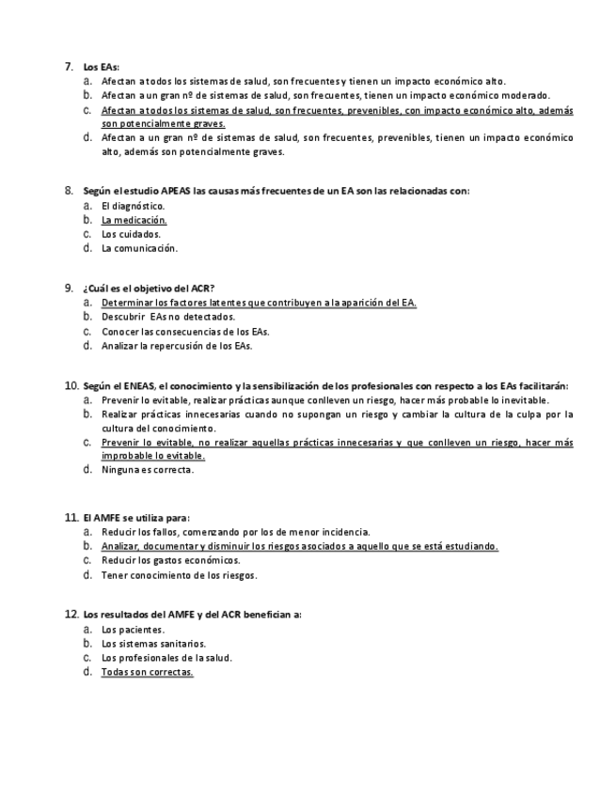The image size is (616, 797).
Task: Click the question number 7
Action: pyautogui.click(x=69, y=67)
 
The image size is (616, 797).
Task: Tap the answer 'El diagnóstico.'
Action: pyautogui.click(x=133, y=206)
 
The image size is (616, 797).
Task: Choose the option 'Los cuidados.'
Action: pyautogui.click(x=131, y=234)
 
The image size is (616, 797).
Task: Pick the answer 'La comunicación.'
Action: pyautogui.click(x=139, y=248)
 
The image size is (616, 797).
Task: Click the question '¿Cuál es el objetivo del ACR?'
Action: pyautogui.click(x=149, y=288)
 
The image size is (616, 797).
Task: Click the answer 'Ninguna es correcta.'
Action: pyautogui.click(x=148, y=469)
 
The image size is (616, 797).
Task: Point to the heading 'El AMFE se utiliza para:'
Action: pyautogui.click(x=136, y=517)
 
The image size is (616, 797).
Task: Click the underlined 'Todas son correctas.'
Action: pyautogui.click(x=147, y=672)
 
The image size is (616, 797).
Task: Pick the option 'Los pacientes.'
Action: pyautogui.click(x=133, y=630)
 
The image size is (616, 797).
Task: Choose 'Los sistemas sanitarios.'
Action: pyautogui.click(x=153, y=644)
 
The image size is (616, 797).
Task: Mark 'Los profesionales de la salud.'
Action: pyautogui.click(x=166, y=658)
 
